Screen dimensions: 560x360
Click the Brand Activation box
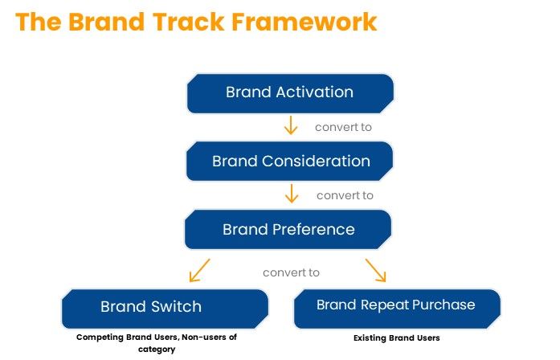click(290, 93)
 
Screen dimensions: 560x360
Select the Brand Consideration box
click(290, 161)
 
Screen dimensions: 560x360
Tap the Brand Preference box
click(288, 229)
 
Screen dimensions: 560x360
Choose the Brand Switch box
click(165, 309)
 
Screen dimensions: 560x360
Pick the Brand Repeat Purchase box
click(397, 309)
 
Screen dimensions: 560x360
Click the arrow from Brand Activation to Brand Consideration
click(291, 125)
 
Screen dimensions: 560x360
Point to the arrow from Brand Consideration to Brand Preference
click(292, 194)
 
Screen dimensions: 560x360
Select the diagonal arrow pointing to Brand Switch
click(199, 270)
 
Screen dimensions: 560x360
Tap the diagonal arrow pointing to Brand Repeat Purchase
click(376, 270)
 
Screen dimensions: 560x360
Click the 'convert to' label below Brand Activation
click(343, 127)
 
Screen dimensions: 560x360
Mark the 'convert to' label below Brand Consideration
click(345, 195)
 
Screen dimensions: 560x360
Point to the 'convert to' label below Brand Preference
click(291, 273)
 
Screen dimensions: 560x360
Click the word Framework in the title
click(305, 22)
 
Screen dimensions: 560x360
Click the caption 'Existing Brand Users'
click(397, 338)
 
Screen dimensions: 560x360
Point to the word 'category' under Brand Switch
click(157, 350)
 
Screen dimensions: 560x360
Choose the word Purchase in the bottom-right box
click(444, 305)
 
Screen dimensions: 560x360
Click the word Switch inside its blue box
click(176, 307)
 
